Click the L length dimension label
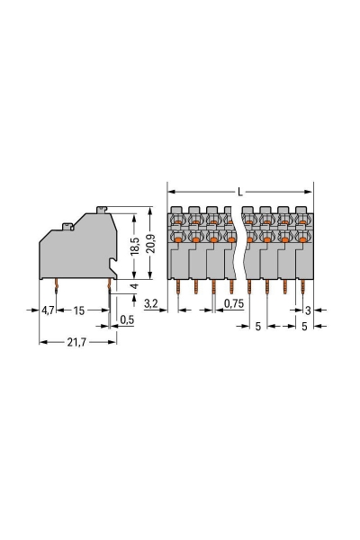pos(239,192)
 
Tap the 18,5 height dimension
pos(134,245)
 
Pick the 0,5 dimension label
pos(127,319)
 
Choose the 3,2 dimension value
pos(152,305)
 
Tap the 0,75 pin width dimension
pos(233,305)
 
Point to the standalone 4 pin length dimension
pos(134,286)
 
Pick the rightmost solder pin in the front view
pos(304,287)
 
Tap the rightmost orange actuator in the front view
pos(303,239)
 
